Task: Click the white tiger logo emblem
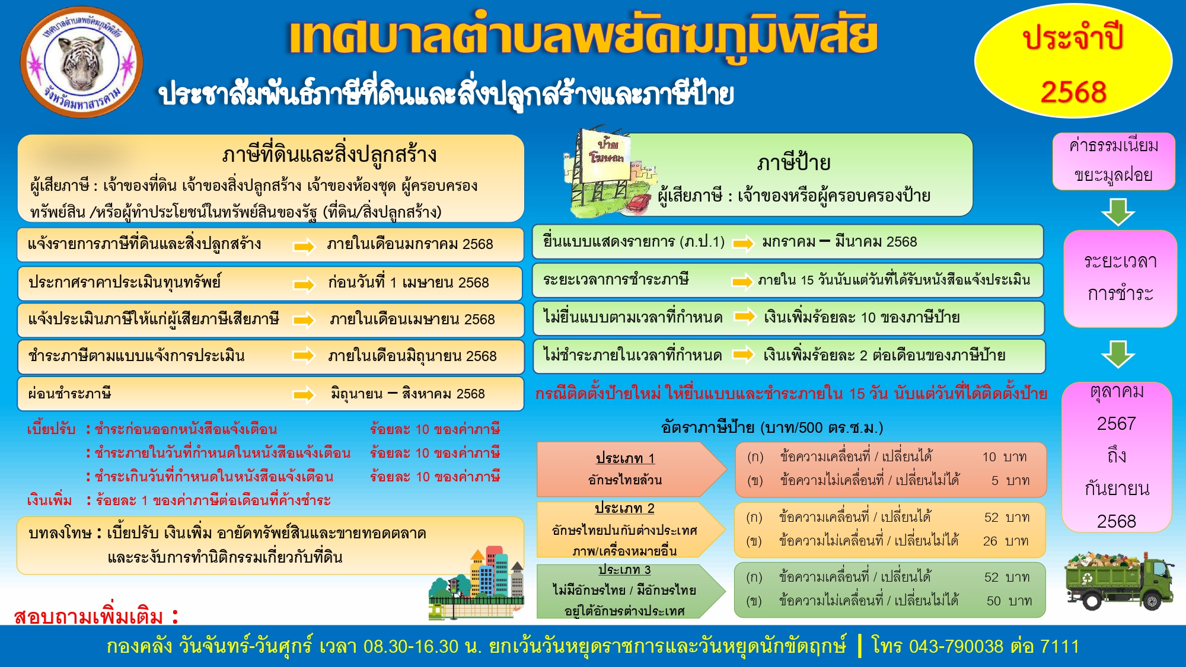pos(82,62)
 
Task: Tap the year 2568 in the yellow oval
pos(1073,92)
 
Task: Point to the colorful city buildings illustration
pos(477,583)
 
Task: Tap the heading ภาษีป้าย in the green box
pos(793,162)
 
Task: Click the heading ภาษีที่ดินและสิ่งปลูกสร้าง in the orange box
pos(329,155)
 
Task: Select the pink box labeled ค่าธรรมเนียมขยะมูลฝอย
pos(1114,161)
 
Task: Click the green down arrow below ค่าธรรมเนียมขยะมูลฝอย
pos(1118,211)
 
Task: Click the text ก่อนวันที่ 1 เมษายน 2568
pos(409,283)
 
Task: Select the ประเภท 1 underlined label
pos(625,458)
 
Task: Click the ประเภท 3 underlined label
pos(624,570)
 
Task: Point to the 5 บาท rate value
pos(1010,480)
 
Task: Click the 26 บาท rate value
pos(1006,541)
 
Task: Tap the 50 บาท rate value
pos(1009,601)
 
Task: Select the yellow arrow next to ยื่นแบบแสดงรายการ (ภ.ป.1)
pos(743,243)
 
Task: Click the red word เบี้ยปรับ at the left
pos(51,429)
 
